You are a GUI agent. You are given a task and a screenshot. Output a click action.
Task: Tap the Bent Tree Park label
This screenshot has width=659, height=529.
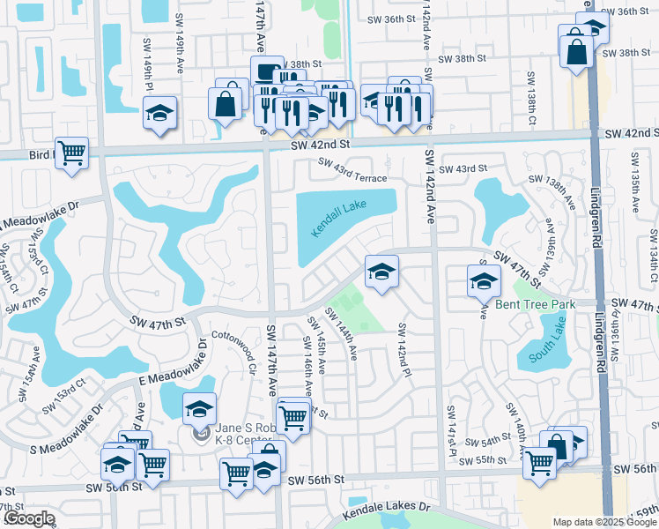click(535, 304)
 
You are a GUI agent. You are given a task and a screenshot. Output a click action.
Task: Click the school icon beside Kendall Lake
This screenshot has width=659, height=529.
click(381, 272)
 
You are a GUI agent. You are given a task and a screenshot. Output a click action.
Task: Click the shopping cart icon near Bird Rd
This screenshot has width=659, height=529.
click(71, 152)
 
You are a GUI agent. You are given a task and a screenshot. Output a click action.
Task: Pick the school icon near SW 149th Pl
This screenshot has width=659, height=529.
click(160, 113)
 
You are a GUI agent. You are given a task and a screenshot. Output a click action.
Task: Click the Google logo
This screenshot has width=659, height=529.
click(28, 518)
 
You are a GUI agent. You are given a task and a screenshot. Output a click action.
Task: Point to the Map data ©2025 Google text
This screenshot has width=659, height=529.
click(604, 522)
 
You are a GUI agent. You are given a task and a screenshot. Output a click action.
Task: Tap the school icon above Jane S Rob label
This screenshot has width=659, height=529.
click(200, 408)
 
